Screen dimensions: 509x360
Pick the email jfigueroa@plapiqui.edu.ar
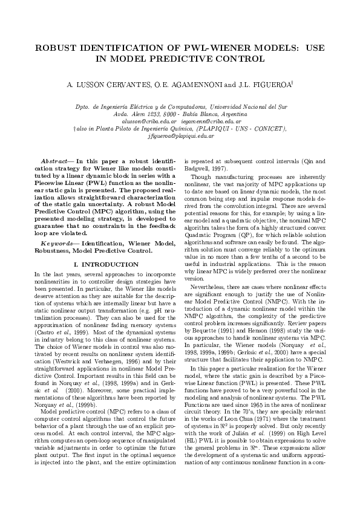(180, 137)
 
